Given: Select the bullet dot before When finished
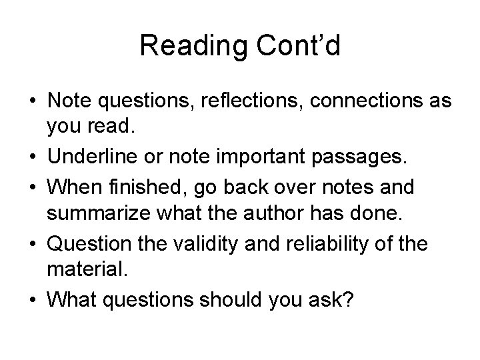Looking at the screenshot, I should pos(31,187).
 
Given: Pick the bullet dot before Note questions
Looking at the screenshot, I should pos(31,102).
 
